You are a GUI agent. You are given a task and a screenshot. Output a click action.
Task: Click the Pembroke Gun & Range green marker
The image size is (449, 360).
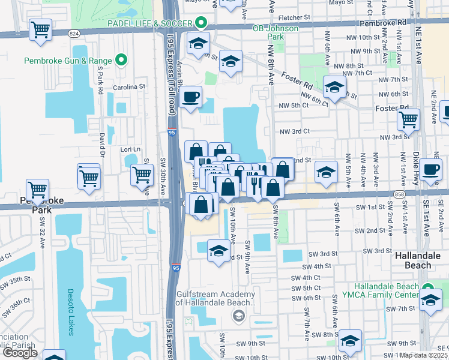122,60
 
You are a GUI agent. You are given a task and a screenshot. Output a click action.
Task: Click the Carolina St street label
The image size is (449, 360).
130,86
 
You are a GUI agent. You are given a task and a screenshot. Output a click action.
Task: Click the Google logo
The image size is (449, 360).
19,353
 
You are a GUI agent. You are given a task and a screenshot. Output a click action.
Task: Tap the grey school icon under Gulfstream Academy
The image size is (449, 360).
238,316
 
